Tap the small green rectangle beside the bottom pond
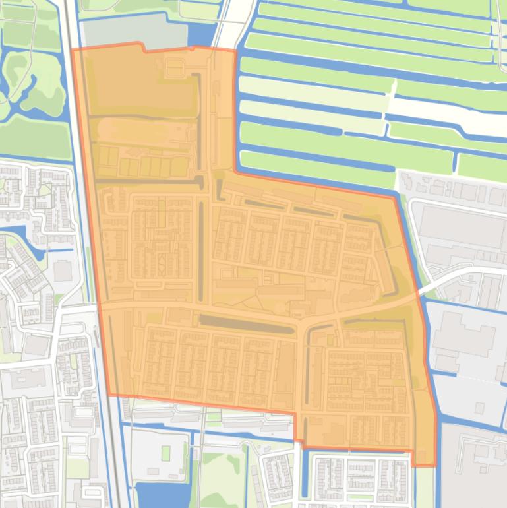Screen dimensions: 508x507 pyautogui.click(x=165, y=453)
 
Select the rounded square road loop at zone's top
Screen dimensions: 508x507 pyautogui.click(x=175, y=67)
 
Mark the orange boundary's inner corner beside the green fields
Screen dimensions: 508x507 pyautogui.click(x=235, y=173)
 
